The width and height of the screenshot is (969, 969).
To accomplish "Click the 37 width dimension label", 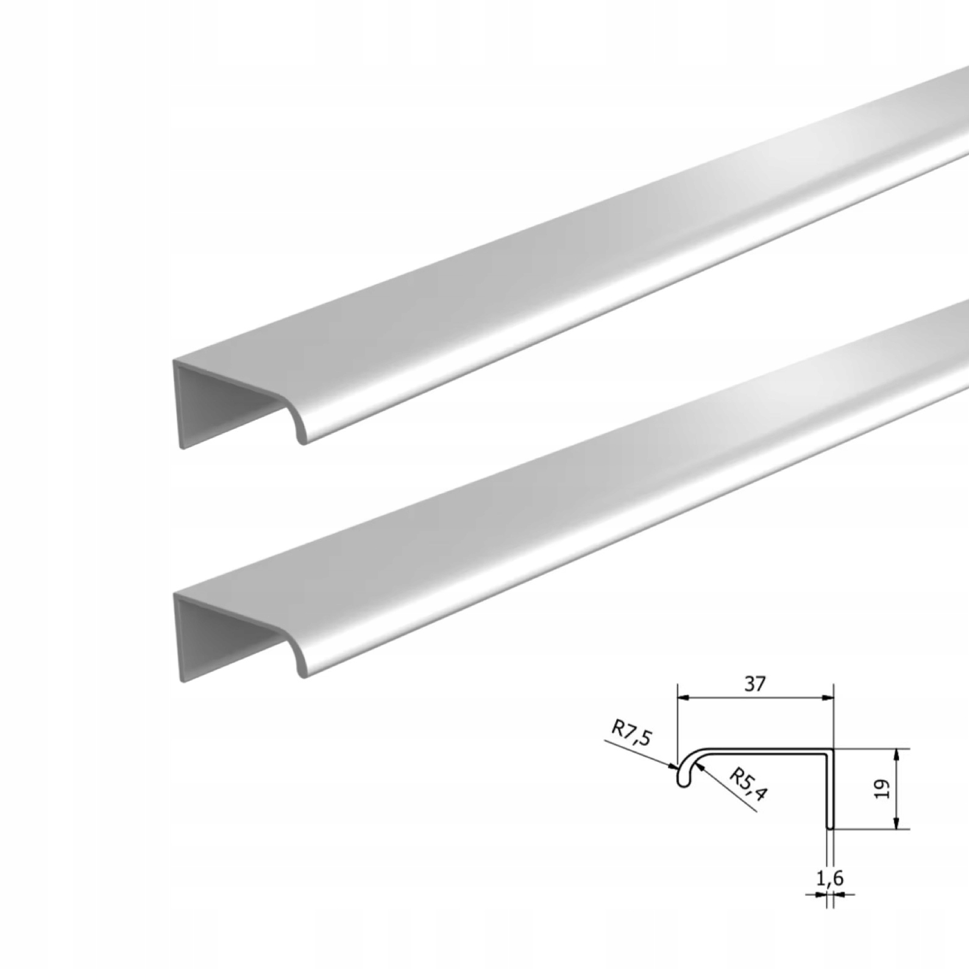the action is point(754,684).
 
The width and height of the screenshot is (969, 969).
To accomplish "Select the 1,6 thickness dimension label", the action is point(829,878).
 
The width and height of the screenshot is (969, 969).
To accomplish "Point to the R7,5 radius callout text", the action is point(632,734).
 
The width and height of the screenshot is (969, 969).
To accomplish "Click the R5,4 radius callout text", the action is point(748,784).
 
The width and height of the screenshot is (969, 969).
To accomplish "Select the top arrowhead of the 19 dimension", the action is point(896,755).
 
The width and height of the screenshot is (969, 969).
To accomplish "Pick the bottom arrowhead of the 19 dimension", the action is point(896,822).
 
